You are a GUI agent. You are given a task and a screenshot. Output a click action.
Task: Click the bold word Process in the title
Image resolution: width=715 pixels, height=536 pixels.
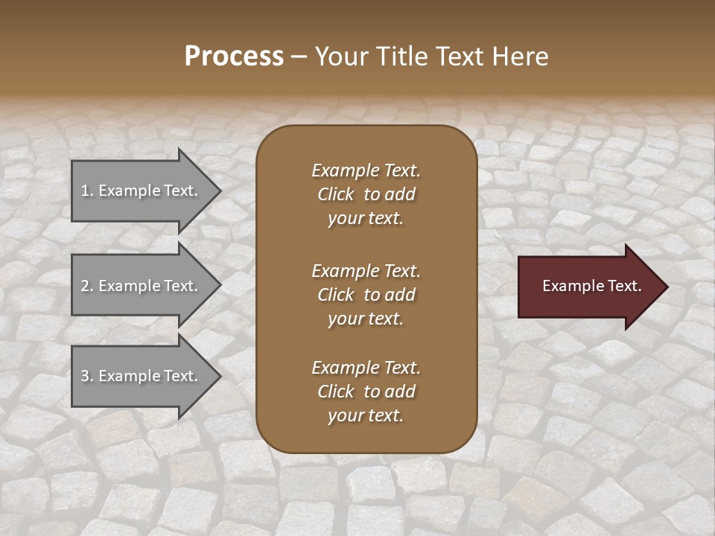(234, 57)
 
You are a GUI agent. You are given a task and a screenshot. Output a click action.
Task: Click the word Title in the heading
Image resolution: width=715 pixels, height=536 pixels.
(401, 57)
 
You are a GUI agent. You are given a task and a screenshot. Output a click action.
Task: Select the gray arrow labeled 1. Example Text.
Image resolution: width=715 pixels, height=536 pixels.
(142, 191)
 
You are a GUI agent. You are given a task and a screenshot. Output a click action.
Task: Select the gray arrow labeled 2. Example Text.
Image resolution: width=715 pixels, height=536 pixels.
(142, 286)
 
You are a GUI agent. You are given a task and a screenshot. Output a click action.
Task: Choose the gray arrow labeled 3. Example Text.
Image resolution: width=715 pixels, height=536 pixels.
(142, 376)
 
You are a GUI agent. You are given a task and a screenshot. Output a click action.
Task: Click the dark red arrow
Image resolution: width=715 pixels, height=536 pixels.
(588, 287)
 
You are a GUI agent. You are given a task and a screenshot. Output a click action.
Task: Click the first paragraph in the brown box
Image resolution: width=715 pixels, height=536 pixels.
(366, 194)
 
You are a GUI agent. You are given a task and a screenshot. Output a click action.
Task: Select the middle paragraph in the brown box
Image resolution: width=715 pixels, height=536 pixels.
(366, 294)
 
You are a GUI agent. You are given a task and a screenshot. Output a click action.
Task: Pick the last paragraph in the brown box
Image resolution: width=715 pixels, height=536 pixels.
(366, 392)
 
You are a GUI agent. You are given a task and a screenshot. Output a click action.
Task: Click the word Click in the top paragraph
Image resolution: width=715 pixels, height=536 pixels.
(335, 194)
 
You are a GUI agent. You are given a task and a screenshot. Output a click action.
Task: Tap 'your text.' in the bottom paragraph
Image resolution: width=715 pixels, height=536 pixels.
(366, 415)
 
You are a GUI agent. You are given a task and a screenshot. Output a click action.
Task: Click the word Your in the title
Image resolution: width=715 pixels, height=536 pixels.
(340, 57)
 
